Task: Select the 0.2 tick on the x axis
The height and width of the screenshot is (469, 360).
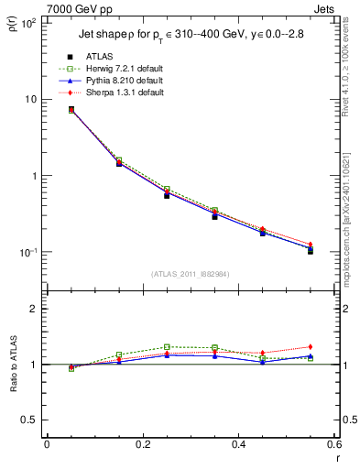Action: point(143,444)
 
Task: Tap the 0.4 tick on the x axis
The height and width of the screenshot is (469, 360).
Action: point(238,444)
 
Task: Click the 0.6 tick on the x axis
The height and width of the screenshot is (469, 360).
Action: point(333,444)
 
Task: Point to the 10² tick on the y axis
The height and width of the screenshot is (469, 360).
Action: point(30,23)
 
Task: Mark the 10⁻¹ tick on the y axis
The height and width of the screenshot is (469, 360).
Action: point(30,252)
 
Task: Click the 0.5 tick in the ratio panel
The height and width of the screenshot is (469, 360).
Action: point(32,420)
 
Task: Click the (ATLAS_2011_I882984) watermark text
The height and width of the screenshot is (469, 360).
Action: point(190,273)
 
